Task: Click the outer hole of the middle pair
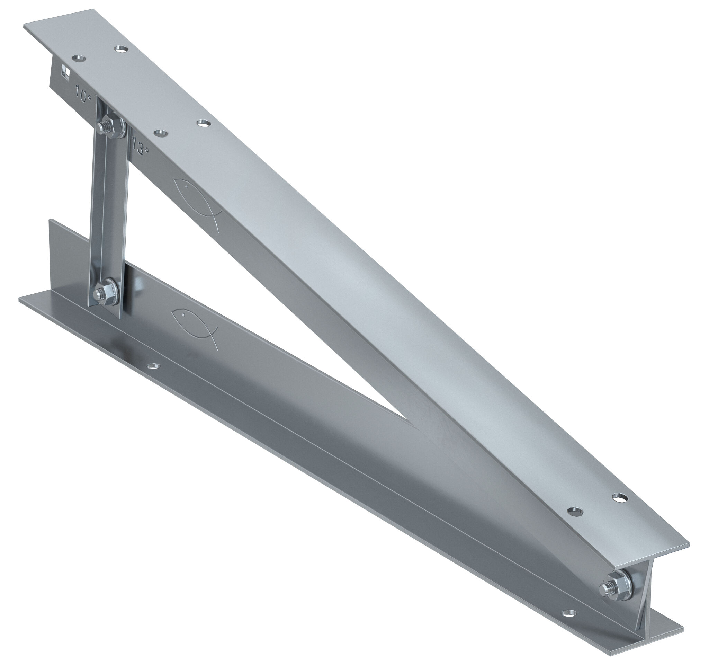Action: point(203,123)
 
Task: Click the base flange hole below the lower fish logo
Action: point(154,366)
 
